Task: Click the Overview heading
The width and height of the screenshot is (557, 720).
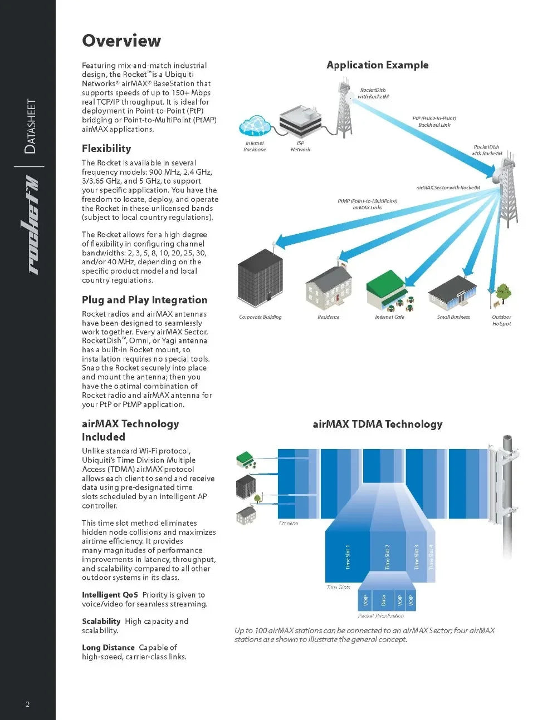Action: pyautogui.click(x=121, y=41)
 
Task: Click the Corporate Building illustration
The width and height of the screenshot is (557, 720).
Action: pyautogui.click(x=260, y=282)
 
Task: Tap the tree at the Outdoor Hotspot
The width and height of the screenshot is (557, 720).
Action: pyautogui.click(x=503, y=293)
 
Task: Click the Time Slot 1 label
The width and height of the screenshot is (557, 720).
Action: pyautogui.click(x=348, y=556)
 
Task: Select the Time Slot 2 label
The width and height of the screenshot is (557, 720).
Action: pyautogui.click(x=388, y=556)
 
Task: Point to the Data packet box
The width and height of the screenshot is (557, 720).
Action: pyautogui.click(x=383, y=601)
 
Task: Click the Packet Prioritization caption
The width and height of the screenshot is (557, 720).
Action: pyautogui.click(x=381, y=616)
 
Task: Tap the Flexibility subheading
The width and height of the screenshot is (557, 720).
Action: pyautogui.click(x=106, y=149)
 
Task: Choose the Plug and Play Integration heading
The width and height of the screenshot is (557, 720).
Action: pyautogui.click(x=144, y=300)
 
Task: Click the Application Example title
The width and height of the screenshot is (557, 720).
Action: pyautogui.click(x=377, y=65)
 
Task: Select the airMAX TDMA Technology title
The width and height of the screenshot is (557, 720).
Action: pyautogui.click(x=377, y=425)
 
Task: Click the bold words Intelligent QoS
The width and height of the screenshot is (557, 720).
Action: pyautogui.click(x=110, y=595)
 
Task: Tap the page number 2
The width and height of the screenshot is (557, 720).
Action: pyautogui.click(x=28, y=704)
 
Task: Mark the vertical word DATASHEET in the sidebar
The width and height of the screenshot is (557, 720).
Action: pyautogui.click(x=31, y=126)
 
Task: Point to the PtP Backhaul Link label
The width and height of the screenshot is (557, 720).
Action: pyautogui.click(x=434, y=122)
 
